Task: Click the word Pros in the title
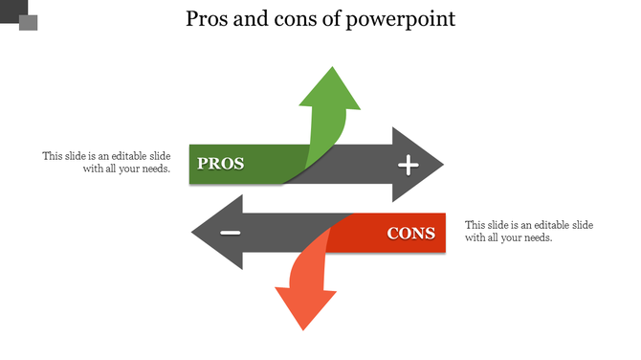(209, 19)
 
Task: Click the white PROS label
(220, 164)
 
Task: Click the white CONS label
(410, 233)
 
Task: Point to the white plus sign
(409, 166)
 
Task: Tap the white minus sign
(231, 234)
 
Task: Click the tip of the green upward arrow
(332, 68)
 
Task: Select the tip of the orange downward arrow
(304, 328)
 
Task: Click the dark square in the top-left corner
(11, 9)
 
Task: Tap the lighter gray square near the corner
(28, 22)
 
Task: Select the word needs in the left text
(155, 169)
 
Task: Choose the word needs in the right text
(538, 237)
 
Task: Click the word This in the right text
(475, 225)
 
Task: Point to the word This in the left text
(52, 156)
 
